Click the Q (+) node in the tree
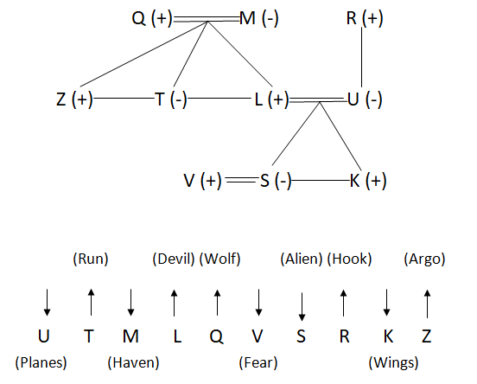click(x=152, y=18)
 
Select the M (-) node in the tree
click(x=259, y=18)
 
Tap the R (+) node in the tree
click(x=365, y=18)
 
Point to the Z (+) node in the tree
click(x=74, y=99)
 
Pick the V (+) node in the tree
click(x=202, y=180)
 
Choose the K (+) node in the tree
click(x=368, y=180)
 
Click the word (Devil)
click(x=174, y=259)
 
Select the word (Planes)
click(x=41, y=362)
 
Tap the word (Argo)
click(x=424, y=259)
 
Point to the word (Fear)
click(x=258, y=362)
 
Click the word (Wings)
click(x=393, y=362)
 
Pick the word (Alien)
click(x=302, y=259)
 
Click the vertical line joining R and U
click(x=362, y=58)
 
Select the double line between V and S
click(x=241, y=180)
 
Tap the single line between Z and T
click(x=124, y=99)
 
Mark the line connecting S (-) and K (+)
click(x=321, y=180)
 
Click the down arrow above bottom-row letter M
click(x=130, y=303)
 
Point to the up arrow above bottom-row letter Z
click(x=427, y=304)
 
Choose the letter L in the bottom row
click(x=177, y=336)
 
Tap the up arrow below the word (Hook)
click(x=343, y=303)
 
